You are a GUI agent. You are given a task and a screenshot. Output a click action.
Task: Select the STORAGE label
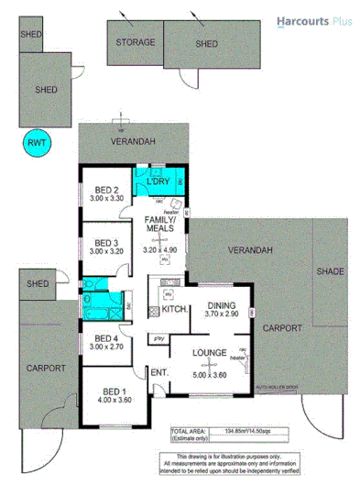tap(135, 42)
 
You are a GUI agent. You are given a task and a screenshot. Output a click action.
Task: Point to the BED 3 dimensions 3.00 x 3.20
tap(106, 250)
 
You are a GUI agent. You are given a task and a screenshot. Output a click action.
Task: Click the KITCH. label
tap(174, 312)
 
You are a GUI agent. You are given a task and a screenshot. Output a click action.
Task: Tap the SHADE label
tap(330, 272)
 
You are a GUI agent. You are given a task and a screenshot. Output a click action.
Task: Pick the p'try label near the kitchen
tap(159, 338)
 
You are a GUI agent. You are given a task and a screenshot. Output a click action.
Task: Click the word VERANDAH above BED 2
tap(134, 140)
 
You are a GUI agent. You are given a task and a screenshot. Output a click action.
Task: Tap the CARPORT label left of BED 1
tap(45, 367)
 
